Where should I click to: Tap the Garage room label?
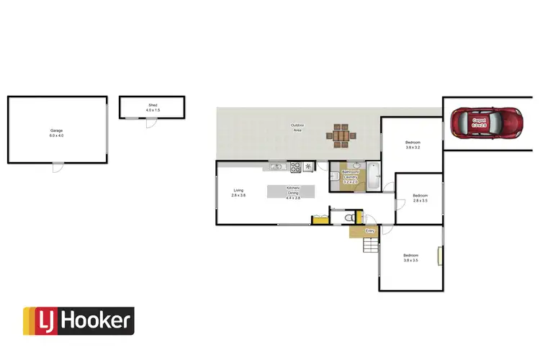[56, 133]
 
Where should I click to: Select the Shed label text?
[153, 107]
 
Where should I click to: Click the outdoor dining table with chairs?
[341, 134]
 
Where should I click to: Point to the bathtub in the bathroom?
[373, 176]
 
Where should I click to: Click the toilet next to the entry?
[348, 217]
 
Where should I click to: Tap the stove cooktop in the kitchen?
[294, 168]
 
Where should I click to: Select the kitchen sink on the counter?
[276, 168]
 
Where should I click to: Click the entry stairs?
[369, 248]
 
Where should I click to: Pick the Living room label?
[238, 192]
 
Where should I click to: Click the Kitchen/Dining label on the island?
[294, 192]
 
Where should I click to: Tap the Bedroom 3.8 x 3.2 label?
[412, 145]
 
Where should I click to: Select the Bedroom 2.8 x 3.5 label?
[420, 198]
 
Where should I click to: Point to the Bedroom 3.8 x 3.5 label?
[410, 258]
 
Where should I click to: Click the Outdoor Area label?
[297, 127]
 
